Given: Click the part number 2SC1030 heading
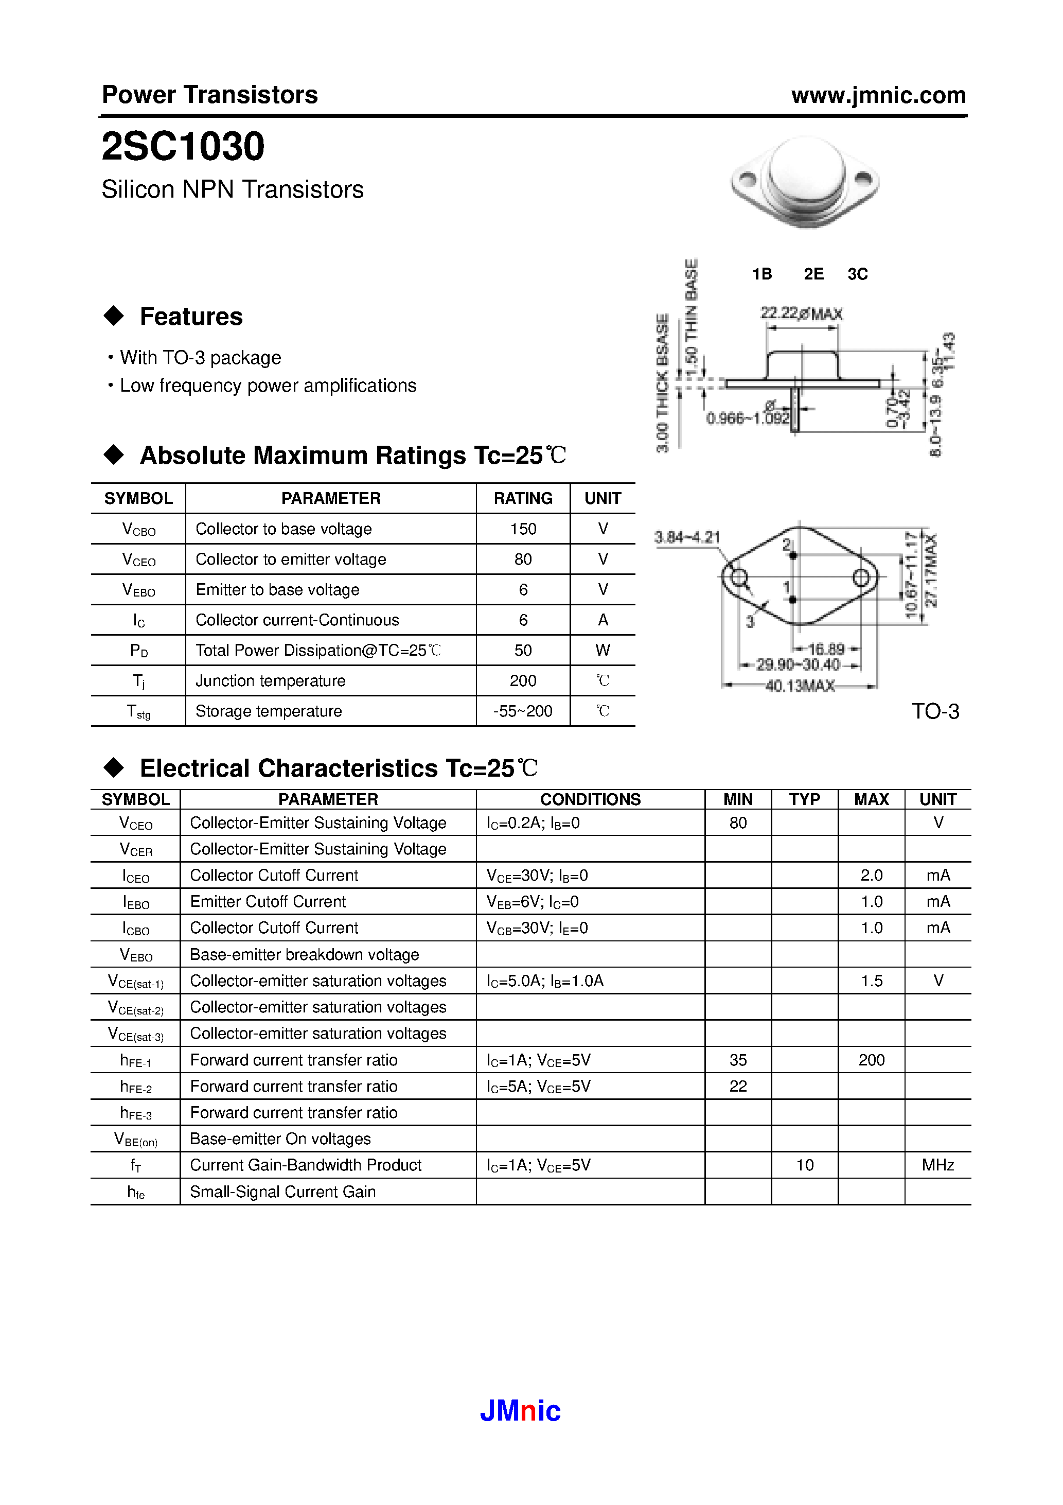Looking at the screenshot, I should point(183,146).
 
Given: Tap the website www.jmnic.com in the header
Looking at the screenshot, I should point(878,96).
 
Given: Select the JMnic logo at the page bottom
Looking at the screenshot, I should point(520,1410).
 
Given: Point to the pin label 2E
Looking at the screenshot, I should point(813,274).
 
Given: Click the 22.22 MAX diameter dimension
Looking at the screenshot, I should point(801,313).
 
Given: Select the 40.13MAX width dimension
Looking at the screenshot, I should point(800,686).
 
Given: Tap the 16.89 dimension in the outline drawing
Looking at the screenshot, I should point(826,649).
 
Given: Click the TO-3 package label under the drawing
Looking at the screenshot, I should point(935,711).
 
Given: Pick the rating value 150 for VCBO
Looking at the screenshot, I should point(523,529).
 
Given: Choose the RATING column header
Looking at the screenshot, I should point(523,498).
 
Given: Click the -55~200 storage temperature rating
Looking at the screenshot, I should point(523,711).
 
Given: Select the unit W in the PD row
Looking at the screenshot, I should point(603,650).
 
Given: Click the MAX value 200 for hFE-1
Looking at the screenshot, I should point(871,1060).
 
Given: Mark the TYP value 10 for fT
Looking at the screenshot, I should point(804,1165).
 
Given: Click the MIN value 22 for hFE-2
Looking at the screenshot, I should point(738,1086).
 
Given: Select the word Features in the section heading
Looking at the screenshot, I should point(191,317).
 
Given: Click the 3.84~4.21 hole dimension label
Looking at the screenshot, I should point(687,537).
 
